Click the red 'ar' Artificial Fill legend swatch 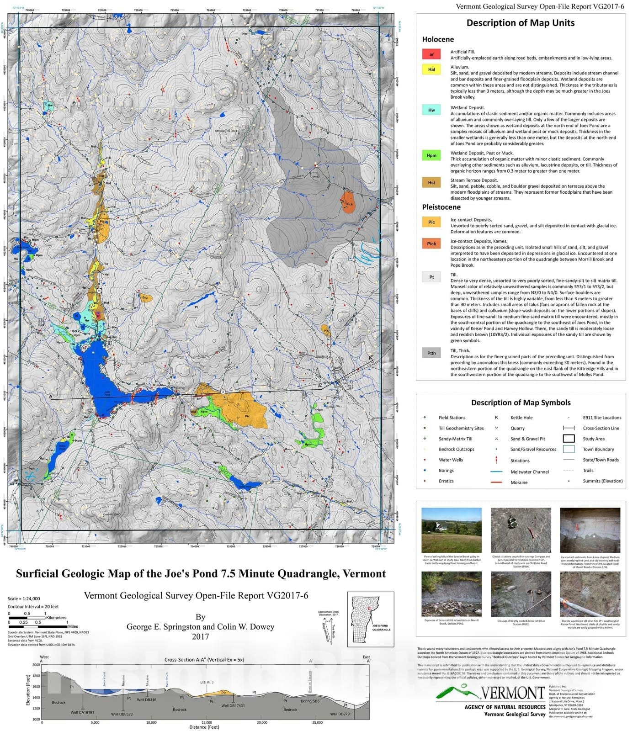[x=431, y=54]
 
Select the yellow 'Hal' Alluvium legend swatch [x=431, y=69]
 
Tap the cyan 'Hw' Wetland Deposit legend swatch [x=431, y=110]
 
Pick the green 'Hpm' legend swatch [x=431, y=155]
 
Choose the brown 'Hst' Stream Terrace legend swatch [x=431, y=183]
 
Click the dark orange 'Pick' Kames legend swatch [x=431, y=244]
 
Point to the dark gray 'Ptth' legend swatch [x=431, y=353]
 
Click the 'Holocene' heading [x=438, y=39]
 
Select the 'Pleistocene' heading [x=441, y=207]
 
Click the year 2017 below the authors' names [x=200, y=636]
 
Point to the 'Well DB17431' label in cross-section [x=233, y=705]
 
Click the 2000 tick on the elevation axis [x=36, y=665]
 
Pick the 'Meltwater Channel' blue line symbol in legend [x=496, y=472]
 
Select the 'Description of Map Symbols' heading [x=521, y=403]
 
